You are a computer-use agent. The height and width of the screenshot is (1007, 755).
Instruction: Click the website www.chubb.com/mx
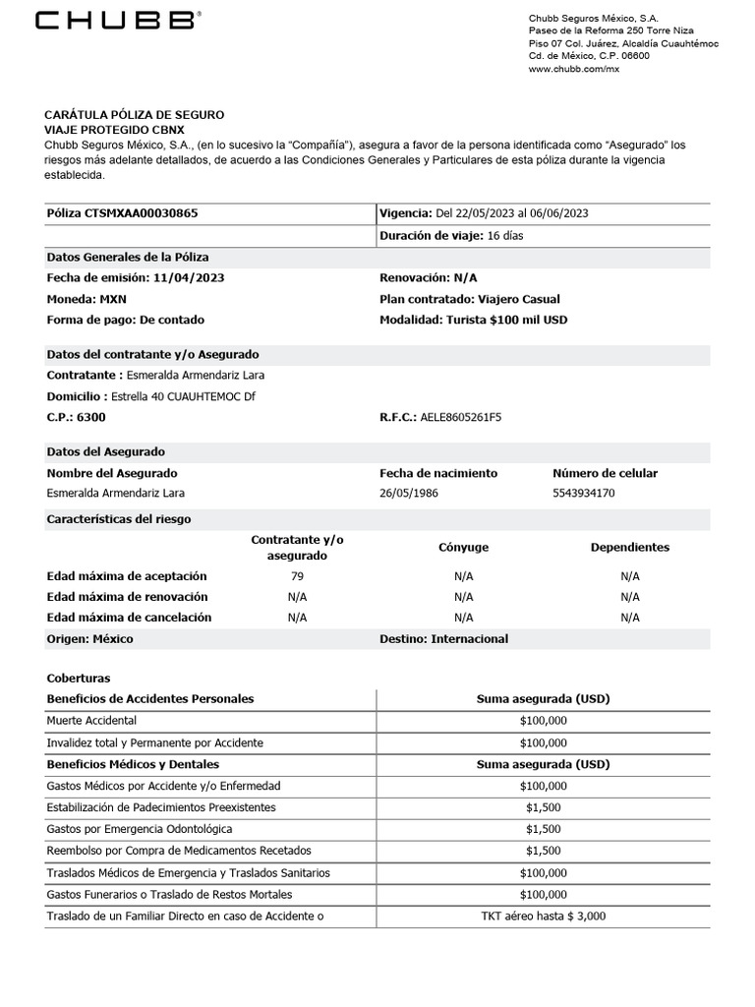click(574, 70)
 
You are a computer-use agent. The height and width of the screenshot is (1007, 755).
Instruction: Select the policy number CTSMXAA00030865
click(147, 213)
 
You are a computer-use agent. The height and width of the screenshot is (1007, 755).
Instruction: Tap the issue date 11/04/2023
click(188, 278)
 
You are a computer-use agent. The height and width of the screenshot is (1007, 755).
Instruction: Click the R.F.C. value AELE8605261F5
click(460, 417)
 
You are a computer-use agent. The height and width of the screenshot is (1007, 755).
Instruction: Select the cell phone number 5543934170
click(584, 494)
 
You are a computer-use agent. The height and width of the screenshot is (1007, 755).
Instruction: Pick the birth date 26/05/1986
click(409, 494)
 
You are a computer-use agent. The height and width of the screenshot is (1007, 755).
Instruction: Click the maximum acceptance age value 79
click(298, 576)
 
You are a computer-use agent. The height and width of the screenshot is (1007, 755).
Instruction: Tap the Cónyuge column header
click(463, 548)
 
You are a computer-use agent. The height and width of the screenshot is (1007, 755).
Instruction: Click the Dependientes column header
click(629, 548)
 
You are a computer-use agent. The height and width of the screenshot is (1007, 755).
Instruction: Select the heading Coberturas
click(79, 679)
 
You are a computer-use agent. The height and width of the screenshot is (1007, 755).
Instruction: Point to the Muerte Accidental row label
click(91, 721)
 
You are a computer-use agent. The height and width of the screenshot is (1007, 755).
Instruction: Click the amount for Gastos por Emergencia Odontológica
click(543, 829)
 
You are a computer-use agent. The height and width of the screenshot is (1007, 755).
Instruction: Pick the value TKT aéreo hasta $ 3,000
click(543, 916)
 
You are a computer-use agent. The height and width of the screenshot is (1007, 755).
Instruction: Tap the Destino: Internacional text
click(443, 639)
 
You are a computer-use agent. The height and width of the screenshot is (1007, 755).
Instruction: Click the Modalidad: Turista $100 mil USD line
click(473, 320)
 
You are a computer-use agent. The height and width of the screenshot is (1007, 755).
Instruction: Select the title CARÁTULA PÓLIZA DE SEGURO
click(135, 115)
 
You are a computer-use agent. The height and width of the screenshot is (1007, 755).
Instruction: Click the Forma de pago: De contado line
click(126, 320)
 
